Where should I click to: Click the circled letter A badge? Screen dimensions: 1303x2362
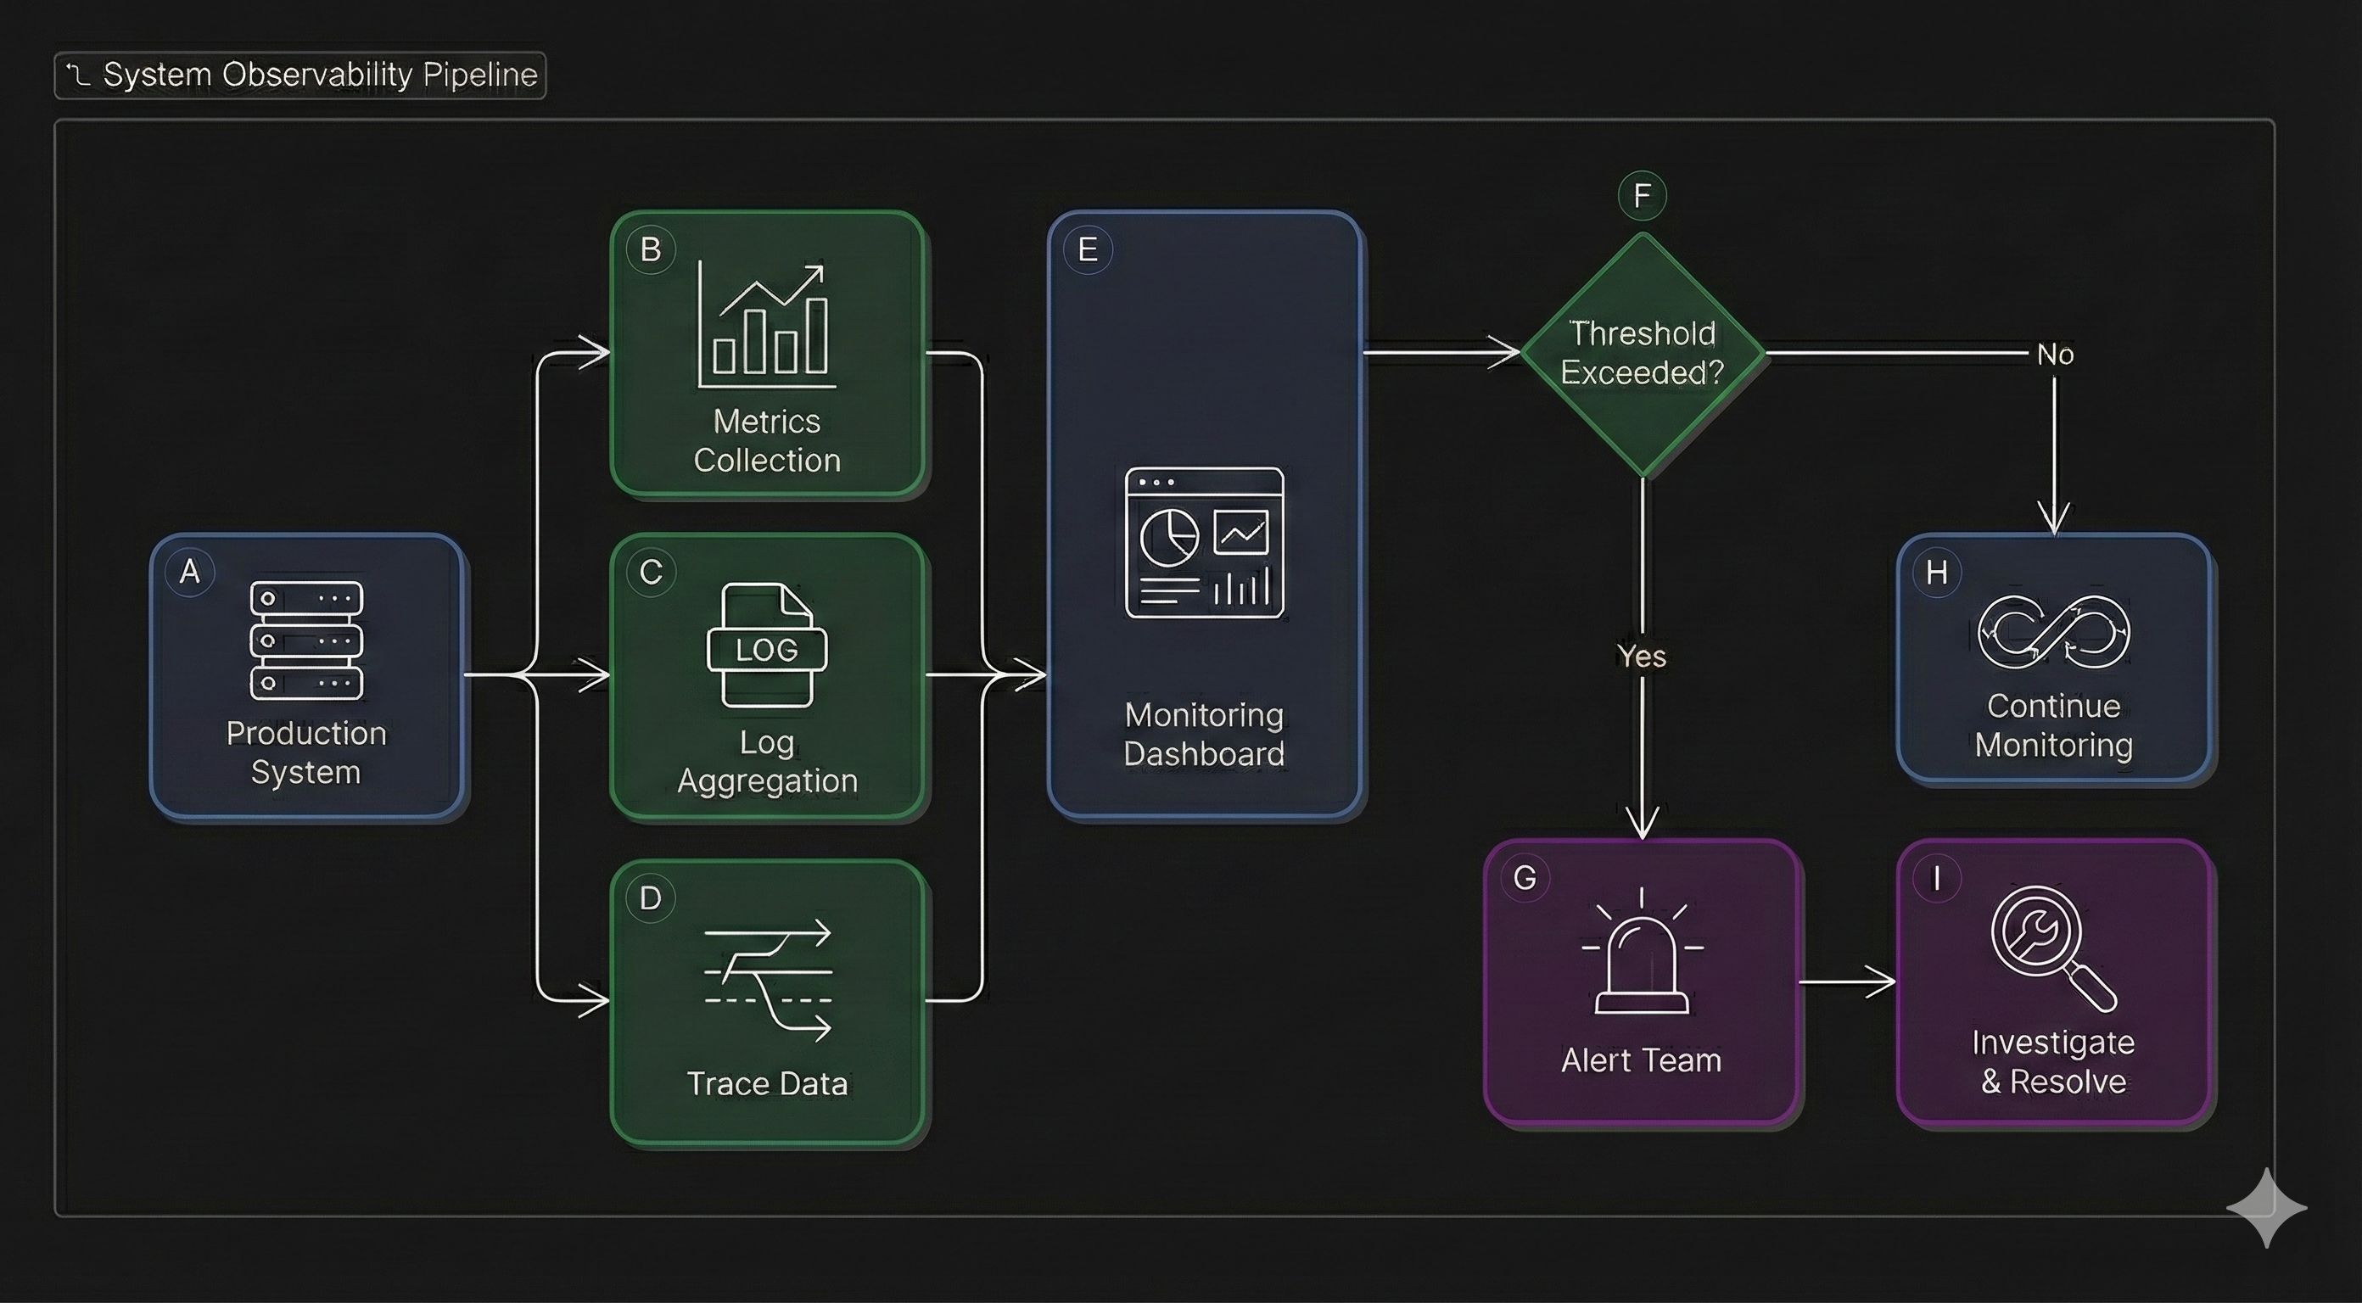[190, 571]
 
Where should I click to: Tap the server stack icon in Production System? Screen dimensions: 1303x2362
[306, 640]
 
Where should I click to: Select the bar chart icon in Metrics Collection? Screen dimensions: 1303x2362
[768, 326]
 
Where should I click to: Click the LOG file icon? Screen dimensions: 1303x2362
[767, 646]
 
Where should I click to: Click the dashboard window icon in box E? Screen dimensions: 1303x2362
[1204, 543]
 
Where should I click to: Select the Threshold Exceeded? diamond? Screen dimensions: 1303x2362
[1643, 353]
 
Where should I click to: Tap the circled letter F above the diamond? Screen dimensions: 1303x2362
[1643, 195]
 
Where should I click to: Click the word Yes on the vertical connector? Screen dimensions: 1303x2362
[1642, 657]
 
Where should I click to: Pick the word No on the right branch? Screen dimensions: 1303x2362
[2055, 354]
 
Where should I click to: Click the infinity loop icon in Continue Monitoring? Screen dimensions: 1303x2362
[2054, 632]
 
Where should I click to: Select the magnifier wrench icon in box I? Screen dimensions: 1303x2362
[2052, 948]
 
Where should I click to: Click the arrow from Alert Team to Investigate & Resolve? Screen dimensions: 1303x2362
[1847, 982]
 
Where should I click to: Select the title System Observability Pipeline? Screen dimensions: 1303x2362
[319, 75]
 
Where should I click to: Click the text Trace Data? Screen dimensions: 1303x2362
[768, 1084]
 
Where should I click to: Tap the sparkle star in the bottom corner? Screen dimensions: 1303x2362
[2267, 1208]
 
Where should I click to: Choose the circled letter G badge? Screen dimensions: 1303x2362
[1525, 877]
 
